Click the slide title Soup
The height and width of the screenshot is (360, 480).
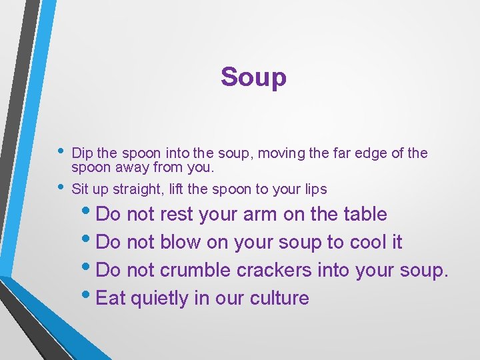pos(253,77)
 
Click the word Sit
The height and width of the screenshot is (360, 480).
pos(80,189)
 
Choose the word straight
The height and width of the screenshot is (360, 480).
pos(137,190)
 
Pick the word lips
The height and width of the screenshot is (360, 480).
pos(314,190)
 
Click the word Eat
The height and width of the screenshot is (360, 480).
pos(111,298)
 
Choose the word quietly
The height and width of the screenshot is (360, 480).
pos(160,299)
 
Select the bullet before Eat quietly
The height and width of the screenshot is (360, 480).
pos(90,294)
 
